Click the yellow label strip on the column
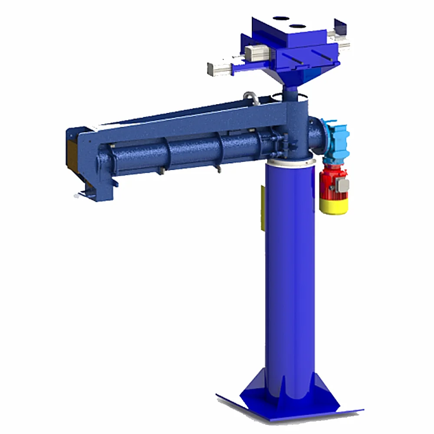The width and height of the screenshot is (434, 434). point(262,208)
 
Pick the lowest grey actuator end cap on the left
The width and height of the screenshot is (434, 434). point(216,68)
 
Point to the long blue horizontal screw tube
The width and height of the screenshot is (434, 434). point(182,152)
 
